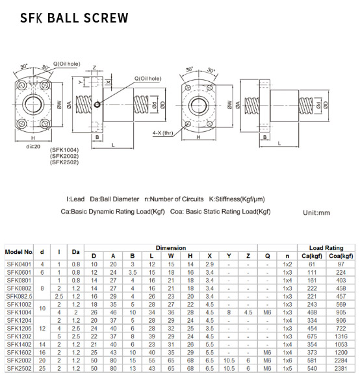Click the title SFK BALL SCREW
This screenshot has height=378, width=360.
[73, 18]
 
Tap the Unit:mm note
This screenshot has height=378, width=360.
[316, 212]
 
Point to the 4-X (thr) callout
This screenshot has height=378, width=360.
[162, 132]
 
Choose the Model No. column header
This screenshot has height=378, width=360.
[19, 251]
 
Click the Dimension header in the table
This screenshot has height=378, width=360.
[171, 247]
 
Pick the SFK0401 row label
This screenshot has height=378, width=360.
[19, 264]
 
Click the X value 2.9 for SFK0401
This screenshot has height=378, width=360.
[209, 264]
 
